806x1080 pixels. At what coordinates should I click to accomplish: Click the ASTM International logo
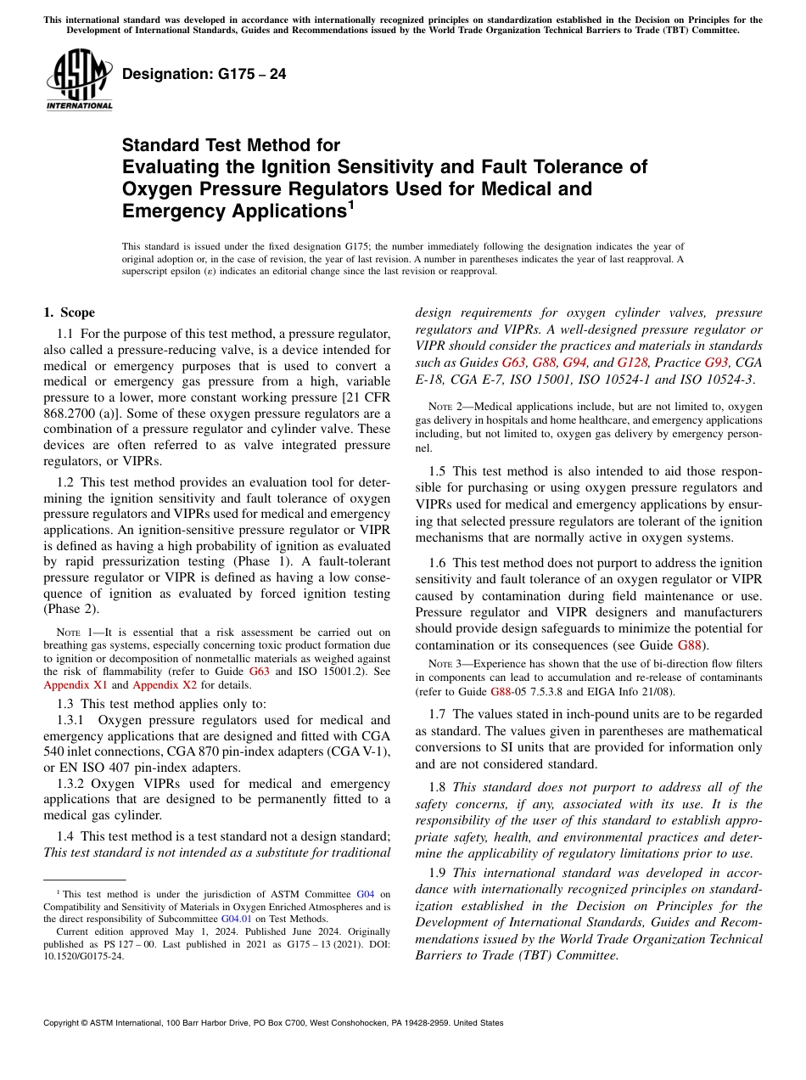[x=79, y=81]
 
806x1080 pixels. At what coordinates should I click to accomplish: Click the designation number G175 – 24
[x=204, y=75]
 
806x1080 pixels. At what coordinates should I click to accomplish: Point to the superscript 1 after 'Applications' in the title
[x=349, y=205]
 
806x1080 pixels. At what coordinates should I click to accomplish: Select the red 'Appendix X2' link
[x=162, y=684]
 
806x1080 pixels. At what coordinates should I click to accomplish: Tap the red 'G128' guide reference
[x=632, y=362]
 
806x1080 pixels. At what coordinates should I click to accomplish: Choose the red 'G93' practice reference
[x=717, y=362]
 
